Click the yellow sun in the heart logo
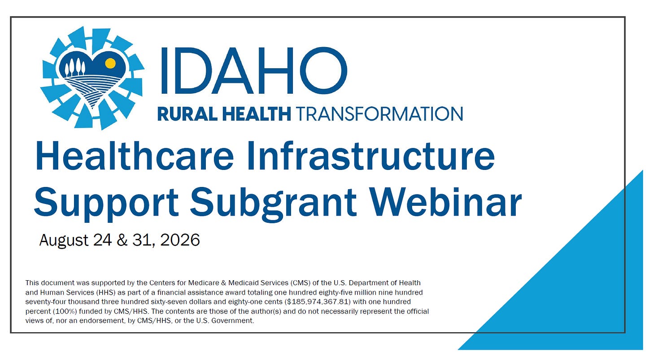[110, 63]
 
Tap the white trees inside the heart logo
[75, 68]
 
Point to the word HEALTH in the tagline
[257, 114]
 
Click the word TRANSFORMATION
[379, 114]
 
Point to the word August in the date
[64, 241]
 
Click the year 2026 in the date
[180, 240]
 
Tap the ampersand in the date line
[122, 240]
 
